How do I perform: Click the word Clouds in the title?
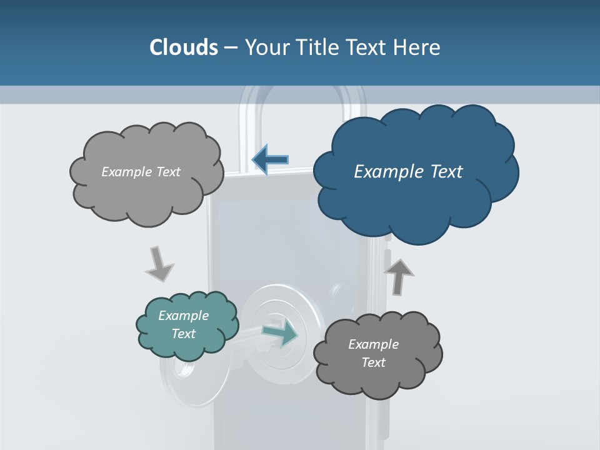184,47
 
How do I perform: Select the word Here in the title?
417,47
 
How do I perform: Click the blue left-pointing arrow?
270,160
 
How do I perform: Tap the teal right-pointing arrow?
281,333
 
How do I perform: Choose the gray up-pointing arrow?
399,276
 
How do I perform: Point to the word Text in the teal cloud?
184,334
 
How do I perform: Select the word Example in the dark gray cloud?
373,344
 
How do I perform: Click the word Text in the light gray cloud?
167,172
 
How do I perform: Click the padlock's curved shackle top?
302,94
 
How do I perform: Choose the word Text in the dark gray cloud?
373,362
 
